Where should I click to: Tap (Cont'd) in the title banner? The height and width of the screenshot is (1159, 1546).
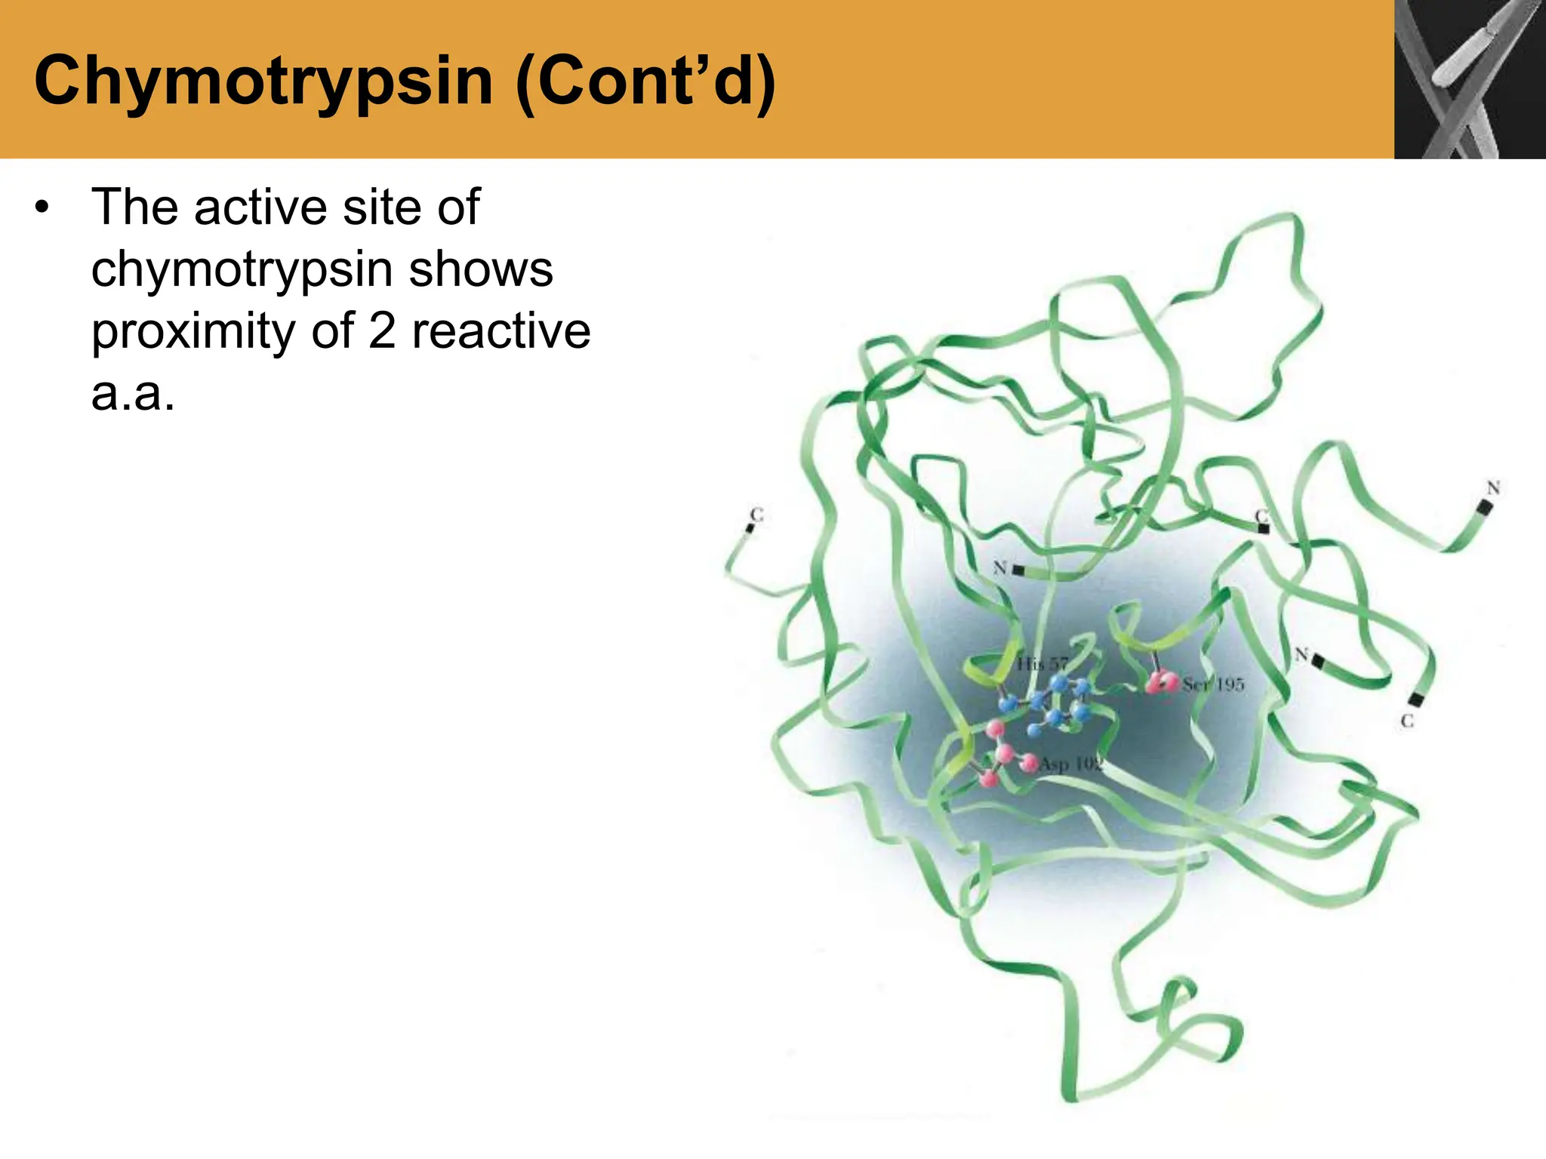pyautogui.click(x=646, y=81)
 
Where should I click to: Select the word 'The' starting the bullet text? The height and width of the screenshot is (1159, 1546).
pyautogui.click(x=134, y=207)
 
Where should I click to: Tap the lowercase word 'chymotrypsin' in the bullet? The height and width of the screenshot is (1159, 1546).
pyautogui.click(x=242, y=270)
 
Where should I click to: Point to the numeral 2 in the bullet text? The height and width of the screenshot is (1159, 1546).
pyautogui.click(x=382, y=332)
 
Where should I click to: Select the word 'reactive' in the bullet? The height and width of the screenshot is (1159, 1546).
pyautogui.click(x=501, y=332)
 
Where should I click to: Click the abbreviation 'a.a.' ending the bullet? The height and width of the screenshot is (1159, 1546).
pyautogui.click(x=133, y=394)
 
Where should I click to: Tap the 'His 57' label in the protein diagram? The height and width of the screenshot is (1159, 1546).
pyautogui.click(x=1042, y=664)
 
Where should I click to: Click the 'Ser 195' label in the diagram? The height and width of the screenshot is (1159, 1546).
pyautogui.click(x=1213, y=685)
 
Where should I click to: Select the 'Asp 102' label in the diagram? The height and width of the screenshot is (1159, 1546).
pyautogui.click(x=1071, y=764)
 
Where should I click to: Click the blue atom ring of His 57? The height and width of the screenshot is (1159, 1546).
pyautogui.click(x=1057, y=706)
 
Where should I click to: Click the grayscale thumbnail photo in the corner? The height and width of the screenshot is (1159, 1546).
pyautogui.click(x=1470, y=79)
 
